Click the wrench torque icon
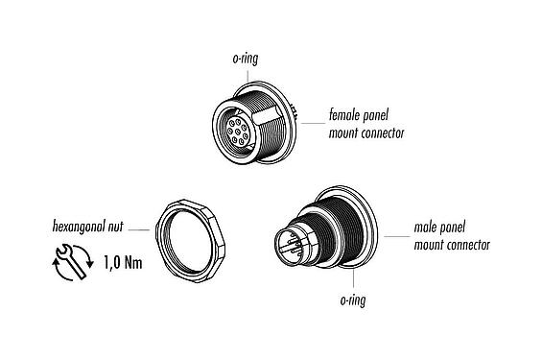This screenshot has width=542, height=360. (x=68, y=261)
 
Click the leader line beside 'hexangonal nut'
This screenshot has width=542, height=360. (x=139, y=230)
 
